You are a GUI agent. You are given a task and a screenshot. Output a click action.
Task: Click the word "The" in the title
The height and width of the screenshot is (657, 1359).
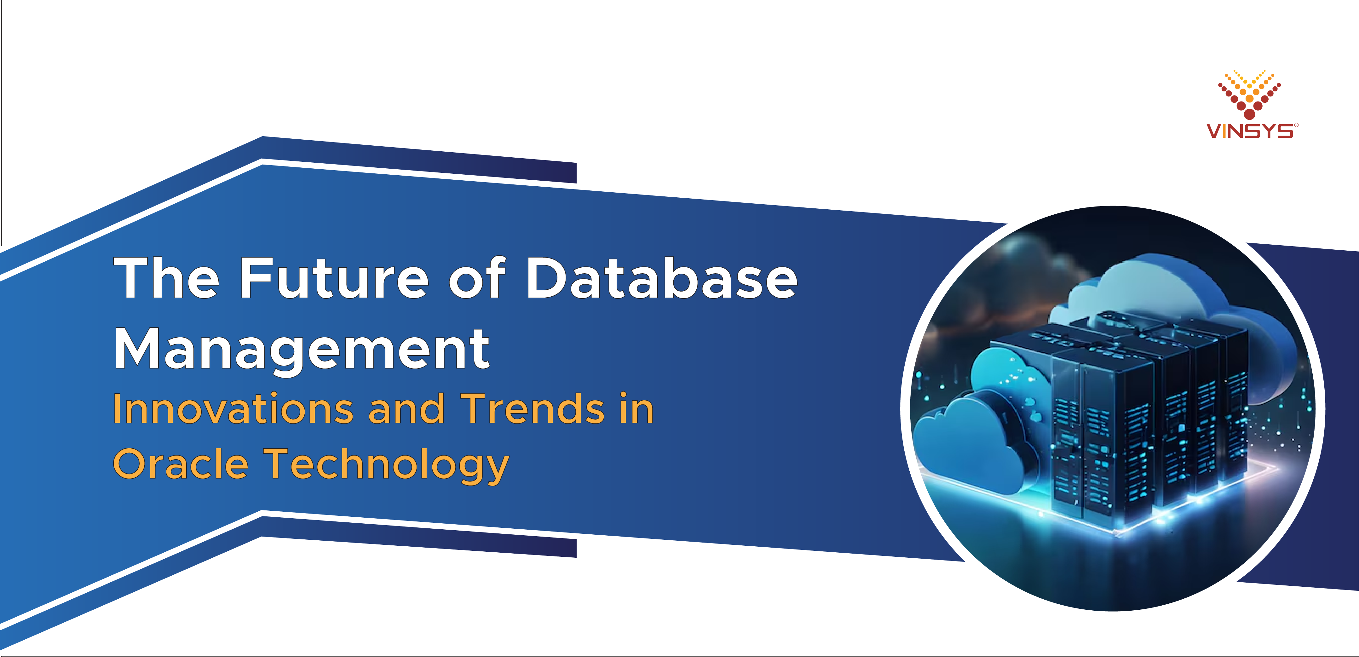click(166, 278)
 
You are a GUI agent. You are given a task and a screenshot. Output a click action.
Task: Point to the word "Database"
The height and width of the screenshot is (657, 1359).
click(662, 278)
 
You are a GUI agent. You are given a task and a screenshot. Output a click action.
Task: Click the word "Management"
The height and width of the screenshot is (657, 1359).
click(302, 349)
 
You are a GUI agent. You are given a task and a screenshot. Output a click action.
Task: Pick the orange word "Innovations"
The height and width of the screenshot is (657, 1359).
click(233, 409)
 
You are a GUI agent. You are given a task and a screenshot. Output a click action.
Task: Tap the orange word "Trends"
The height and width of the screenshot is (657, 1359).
click(533, 409)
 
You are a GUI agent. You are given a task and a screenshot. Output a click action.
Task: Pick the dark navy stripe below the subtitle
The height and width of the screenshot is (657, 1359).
click(422, 545)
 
